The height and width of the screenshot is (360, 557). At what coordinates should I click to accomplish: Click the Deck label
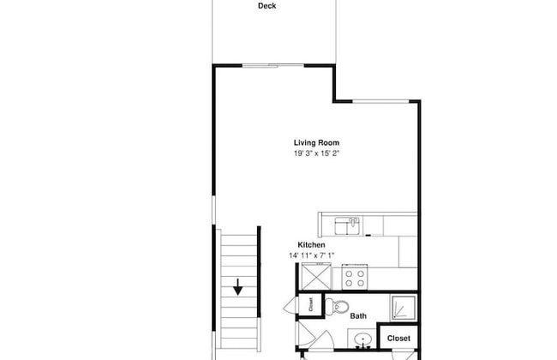(x=267, y=6)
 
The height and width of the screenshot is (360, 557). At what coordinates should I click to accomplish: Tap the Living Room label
(x=316, y=143)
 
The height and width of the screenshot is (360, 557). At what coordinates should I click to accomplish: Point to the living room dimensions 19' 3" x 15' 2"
(x=316, y=153)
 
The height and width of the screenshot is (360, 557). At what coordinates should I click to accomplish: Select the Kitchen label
(x=311, y=245)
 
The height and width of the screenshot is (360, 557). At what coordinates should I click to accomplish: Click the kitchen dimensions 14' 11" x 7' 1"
(x=312, y=255)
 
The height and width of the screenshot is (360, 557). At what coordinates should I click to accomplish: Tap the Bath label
(x=358, y=316)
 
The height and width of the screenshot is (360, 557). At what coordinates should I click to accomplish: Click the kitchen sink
(x=347, y=226)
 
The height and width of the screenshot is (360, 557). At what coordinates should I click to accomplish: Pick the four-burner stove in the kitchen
(x=355, y=278)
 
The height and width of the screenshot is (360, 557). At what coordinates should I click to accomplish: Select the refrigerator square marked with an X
(x=316, y=277)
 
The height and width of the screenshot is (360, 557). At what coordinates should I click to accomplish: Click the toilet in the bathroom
(x=337, y=306)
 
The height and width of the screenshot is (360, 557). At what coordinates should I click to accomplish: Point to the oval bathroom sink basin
(x=363, y=338)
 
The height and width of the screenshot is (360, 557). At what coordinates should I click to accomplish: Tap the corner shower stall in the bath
(x=404, y=308)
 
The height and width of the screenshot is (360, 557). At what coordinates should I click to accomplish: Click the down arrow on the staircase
(x=237, y=287)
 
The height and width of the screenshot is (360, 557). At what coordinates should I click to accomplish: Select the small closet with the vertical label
(x=310, y=304)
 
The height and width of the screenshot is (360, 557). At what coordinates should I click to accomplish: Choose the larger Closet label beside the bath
(x=398, y=339)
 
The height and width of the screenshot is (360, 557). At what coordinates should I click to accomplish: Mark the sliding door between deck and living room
(x=273, y=65)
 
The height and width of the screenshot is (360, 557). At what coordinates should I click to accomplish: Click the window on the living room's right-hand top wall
(x=380, y=101)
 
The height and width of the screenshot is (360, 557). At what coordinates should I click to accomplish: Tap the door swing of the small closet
(x=290, y=305)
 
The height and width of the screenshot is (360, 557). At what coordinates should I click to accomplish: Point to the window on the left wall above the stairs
(x=214, y=210)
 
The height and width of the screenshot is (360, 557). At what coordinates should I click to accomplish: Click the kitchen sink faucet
(x=353, y=222)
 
